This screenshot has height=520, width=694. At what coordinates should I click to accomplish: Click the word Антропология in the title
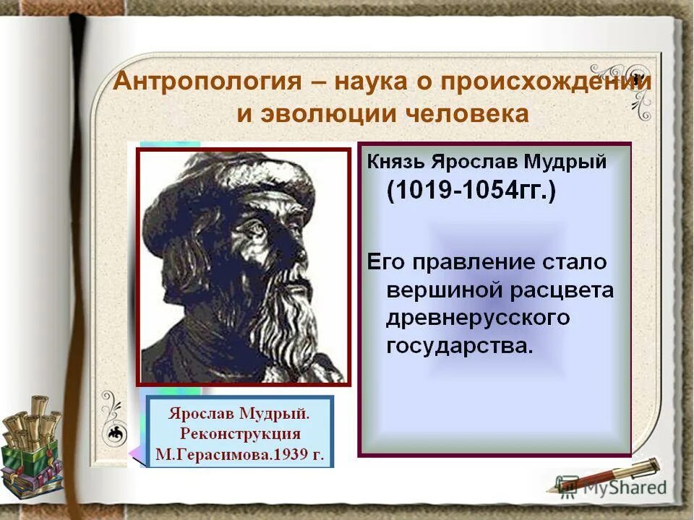(206, 81)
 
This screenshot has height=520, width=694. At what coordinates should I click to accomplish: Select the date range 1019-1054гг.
(471, 192)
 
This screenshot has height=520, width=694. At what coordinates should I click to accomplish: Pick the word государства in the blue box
(458, 346)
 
